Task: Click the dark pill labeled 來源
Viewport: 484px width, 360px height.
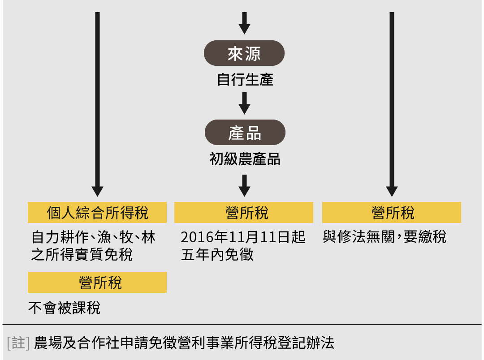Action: tap(244, 53)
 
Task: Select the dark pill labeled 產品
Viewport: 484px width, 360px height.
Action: tap(245, 133)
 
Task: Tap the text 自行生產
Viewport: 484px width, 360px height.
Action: tap(245, 80)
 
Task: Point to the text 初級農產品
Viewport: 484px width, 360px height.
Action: tap(245, 159)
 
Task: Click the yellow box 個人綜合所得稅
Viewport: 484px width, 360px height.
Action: tap(97, 213)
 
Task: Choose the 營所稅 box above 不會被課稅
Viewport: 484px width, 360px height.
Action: tap(97, 283)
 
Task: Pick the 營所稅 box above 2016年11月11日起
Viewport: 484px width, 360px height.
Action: tap(244, 213)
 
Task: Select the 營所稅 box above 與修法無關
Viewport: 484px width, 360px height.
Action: tap(392, 213)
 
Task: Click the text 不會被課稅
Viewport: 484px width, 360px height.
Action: tap(64, 308)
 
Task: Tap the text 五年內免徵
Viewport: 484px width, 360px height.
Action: tap(217, 254)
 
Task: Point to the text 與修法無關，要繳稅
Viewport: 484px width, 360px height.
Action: tap(385, 237)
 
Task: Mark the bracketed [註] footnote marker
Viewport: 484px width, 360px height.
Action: tap(18, 343)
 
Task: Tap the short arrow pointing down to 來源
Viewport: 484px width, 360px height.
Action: tap(244, 23)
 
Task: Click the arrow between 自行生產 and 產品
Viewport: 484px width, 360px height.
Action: tap(244, 103)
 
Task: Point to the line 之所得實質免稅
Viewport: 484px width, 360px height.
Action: tap(82, 254)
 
